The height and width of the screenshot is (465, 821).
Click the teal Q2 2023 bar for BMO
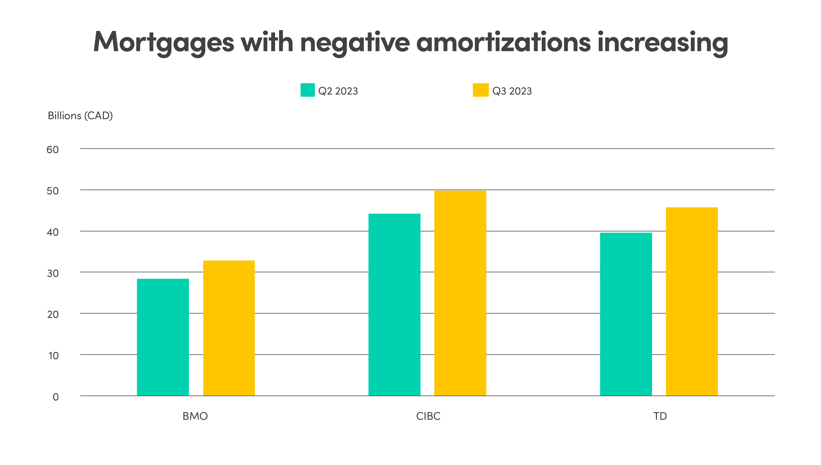[x=163, y=337]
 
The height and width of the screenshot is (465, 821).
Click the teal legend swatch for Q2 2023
[x=307, y=90]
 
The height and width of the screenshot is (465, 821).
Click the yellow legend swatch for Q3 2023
[x=480, y=90]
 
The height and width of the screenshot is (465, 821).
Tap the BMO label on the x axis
[x=195, y=416]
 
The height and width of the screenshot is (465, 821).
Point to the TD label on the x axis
[x=660, y=416]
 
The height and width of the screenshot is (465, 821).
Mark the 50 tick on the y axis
[x=53, y=191]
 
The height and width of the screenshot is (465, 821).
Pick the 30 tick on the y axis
[x=53, y=273]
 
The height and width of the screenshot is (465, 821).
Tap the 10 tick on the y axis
[x=53, y=356]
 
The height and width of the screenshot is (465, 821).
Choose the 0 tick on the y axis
[x=56, y=397]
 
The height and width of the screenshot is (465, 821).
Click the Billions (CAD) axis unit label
[x=80, y=116]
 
